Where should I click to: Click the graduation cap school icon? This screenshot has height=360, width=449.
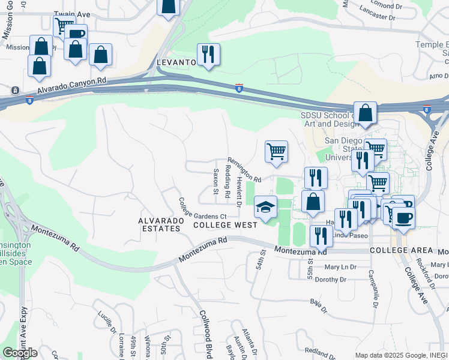pos(266,207)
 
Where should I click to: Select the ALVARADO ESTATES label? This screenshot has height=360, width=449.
pos(160,224)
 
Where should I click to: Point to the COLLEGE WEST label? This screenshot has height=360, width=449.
pos(225,225)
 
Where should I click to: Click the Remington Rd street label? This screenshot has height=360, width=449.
pos(244,170)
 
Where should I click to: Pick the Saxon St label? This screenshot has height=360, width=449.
pos(215,181)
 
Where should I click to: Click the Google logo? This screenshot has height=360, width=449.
pos(20,353)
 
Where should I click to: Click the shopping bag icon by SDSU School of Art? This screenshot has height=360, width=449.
pos(365,113)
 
